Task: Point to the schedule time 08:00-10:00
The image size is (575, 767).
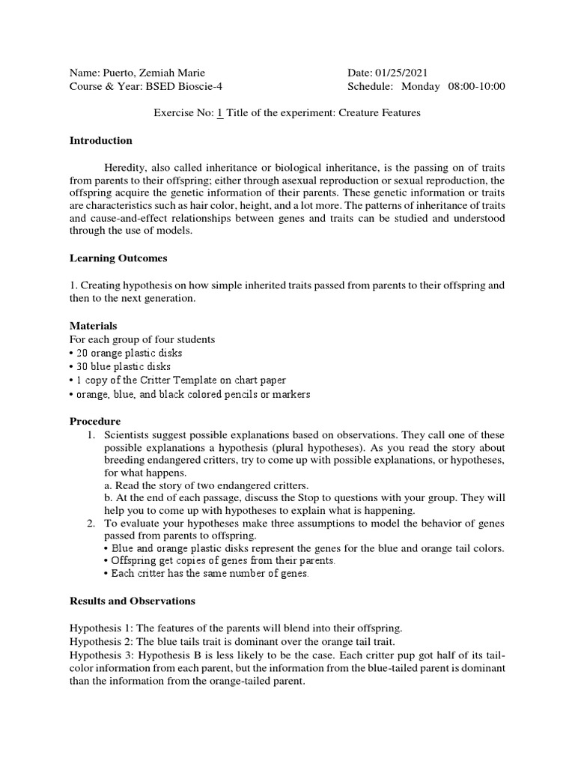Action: (x=476, y=86)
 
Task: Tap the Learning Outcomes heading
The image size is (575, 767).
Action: (x=118, y=258)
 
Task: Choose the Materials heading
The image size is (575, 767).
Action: (x=94, y=326)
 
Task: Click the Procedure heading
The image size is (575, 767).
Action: (x=95, y=421)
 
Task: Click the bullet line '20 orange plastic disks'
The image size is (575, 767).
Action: (x=128, y=353)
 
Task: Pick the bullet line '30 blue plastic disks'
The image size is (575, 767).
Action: (x=123, y=366)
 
